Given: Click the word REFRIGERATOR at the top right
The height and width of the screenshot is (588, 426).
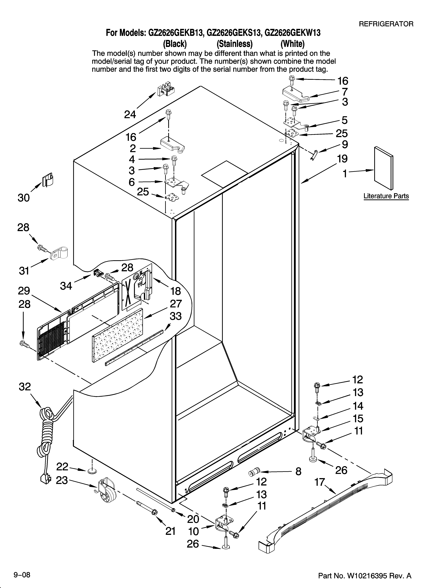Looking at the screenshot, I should pos(386,24).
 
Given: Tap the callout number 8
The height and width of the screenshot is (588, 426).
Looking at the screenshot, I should pos(298,471).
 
